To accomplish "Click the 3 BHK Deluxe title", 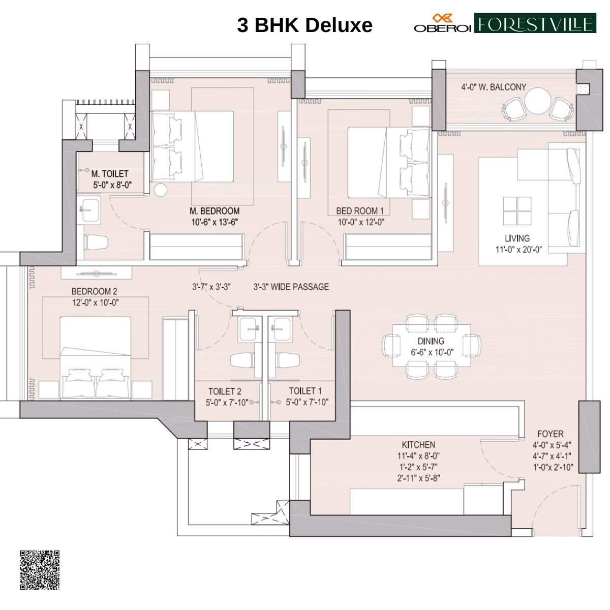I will (304, 24).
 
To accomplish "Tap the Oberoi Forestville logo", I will (504, 24).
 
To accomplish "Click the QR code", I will (40, 569).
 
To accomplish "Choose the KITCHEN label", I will (418, 444).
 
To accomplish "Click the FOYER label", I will (551, 434).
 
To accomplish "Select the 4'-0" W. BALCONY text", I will (494, 87).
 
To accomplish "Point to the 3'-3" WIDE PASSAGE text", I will (291, 287).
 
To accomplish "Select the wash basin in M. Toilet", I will (90, 210).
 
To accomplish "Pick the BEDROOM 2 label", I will (94, 291).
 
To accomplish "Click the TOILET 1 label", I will (305, 391).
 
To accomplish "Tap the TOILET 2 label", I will (225, 391).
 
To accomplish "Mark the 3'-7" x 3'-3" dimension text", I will (211, 287).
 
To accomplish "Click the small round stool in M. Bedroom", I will (160, 190).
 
